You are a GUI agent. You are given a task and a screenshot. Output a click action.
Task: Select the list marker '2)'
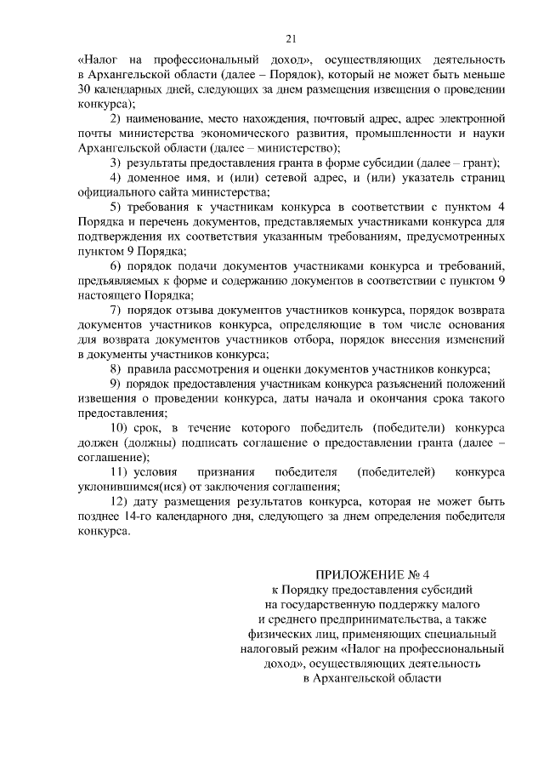118,119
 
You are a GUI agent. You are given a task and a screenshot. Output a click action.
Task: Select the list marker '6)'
118,266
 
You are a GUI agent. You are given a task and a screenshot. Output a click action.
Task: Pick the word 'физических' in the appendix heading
288,633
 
